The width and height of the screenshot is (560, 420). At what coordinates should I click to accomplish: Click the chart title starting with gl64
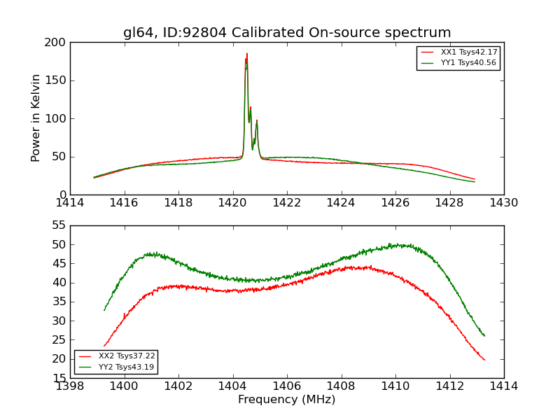pos(287,33)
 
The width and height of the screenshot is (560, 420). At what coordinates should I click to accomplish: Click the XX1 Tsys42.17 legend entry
pos(468,52)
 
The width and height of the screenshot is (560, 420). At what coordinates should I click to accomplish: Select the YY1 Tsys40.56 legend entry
pos(468,63)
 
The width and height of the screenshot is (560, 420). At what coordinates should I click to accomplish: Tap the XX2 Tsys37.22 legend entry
pos(127,356)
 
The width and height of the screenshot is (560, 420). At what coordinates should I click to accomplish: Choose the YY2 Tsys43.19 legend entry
pos(127,367)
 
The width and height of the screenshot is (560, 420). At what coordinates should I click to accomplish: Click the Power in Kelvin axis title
pos(36,118)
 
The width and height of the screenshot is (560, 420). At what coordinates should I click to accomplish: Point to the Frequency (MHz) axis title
pos(287,400)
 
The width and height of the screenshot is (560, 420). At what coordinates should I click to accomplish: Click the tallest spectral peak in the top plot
pos(246,55)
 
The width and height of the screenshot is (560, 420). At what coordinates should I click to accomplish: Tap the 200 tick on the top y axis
pos(57,43)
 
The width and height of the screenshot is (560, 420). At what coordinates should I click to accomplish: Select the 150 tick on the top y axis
pos(57,80)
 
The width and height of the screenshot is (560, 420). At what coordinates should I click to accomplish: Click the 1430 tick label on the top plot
pos(504,203)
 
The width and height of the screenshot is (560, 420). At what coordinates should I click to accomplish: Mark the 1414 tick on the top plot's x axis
pos(70,203)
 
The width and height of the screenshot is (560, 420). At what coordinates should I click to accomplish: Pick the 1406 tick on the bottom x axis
pos(287,386)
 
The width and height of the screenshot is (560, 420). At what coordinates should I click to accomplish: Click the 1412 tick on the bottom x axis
pos(449,386)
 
